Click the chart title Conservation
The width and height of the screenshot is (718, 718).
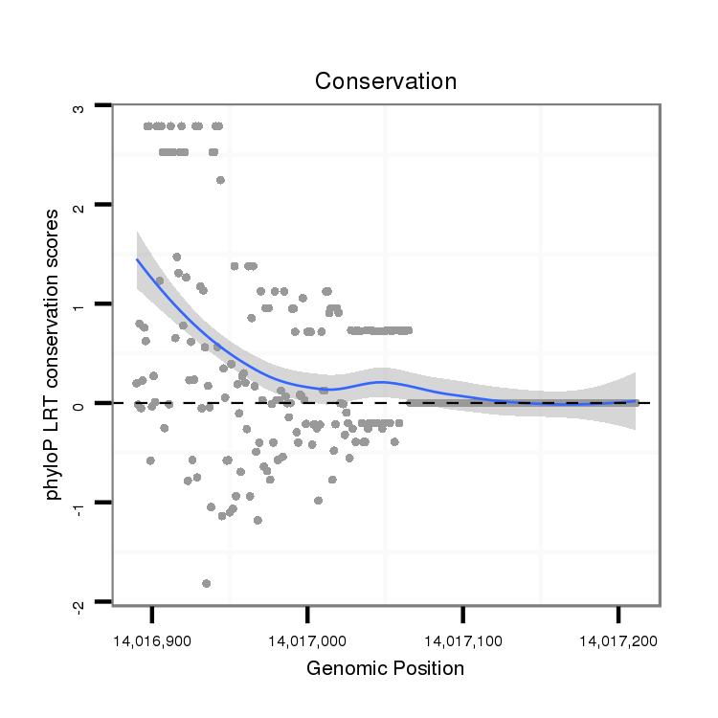[386, 81]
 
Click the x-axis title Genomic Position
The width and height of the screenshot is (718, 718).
[386, 668]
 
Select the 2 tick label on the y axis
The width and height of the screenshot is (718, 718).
[79, 205]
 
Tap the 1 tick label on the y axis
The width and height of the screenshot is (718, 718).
[79, 304]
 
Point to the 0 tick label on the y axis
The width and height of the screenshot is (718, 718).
[79, 403]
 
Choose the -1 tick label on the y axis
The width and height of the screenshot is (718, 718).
[79, 505]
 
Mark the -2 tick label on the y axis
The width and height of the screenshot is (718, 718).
[79, 603]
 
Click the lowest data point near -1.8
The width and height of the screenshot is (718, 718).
[206, 583]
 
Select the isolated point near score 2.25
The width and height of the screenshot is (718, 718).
[220, 180]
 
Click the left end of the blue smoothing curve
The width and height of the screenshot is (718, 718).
[137, 258]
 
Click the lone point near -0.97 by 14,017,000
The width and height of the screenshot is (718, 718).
[318, 500]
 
